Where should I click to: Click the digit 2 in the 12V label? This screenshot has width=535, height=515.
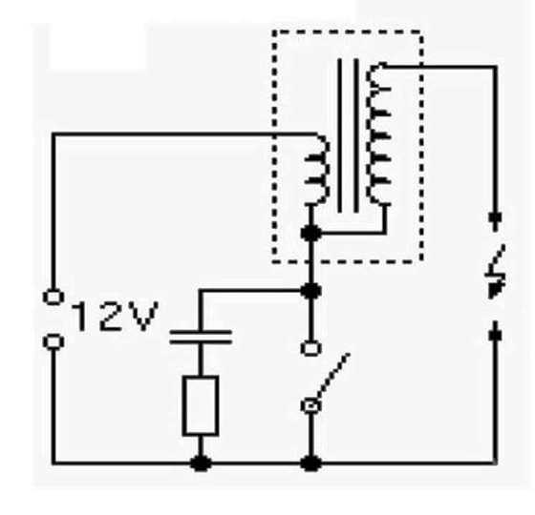coord(111,317)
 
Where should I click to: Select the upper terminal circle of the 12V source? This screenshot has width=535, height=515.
coord(53,297)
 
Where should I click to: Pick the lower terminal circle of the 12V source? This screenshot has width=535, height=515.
coord(53,341)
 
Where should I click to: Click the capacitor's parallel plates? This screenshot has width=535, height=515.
coord(201,337)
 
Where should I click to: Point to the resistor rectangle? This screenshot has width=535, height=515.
coord(201,405)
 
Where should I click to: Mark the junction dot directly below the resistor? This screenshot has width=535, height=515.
coord(201,463)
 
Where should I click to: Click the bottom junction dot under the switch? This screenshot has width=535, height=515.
coord(310,463)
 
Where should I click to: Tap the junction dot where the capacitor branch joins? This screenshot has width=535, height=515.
coord(310,291)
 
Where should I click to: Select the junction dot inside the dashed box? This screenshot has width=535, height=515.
coord(310,233)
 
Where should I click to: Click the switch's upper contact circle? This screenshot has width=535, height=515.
coord(310,348)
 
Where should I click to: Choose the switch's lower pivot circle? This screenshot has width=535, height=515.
coord(310,405)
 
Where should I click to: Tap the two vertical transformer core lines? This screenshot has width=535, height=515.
coord(348,135)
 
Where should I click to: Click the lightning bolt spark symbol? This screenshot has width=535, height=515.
coord(496,272)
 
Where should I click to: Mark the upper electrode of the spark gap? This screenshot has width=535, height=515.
coord(496,221)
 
